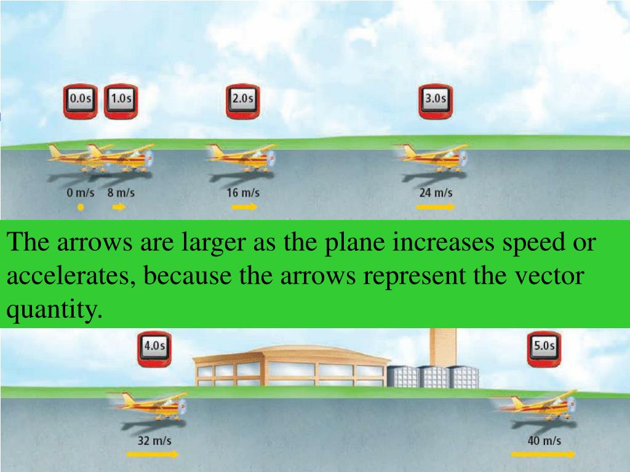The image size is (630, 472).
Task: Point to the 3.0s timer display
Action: (436, 101)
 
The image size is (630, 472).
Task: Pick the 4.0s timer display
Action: (154, 348)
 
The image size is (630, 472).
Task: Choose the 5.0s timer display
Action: (544, 349)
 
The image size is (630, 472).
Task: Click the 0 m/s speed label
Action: (80, 193)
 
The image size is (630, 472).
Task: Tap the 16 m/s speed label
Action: (243, 193)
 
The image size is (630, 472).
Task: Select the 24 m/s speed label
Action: (436, 193)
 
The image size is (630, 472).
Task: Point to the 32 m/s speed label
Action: (154, 441)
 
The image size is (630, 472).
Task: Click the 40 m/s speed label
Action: (544, 441)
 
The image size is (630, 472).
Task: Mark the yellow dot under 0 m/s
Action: (80, 208)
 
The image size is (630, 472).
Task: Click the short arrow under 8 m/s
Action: (119, 208)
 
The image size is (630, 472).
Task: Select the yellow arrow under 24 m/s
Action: (436, 208)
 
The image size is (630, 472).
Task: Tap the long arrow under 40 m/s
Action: (544, 455)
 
